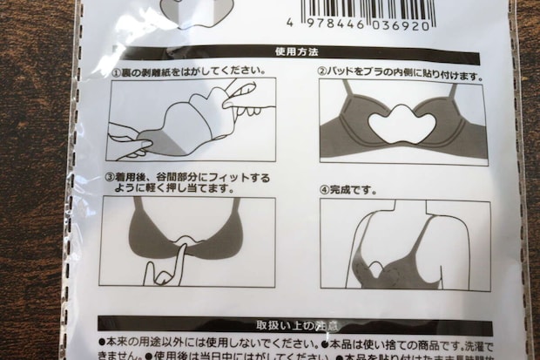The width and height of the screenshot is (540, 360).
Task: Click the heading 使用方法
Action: click(x=291, y=52)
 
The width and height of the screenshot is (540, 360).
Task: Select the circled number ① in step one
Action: click(x=116, y=71)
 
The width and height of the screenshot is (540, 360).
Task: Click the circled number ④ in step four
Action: click(x=325, y=188)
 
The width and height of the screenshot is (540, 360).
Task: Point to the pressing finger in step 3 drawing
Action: click(x=175, y=262)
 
